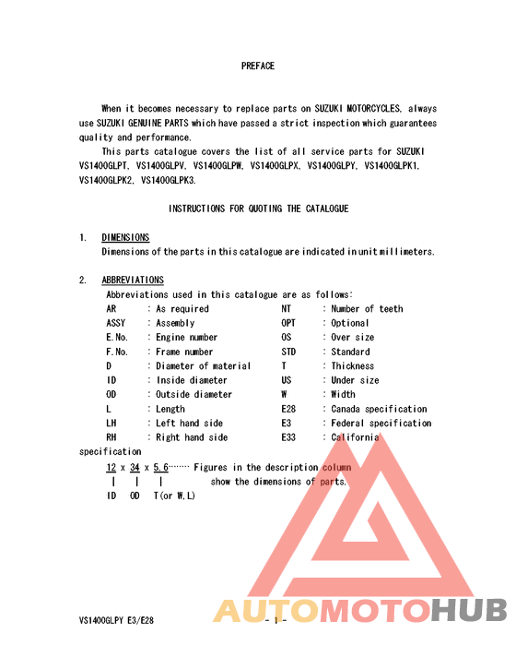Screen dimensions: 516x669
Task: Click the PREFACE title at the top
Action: pos(258,66)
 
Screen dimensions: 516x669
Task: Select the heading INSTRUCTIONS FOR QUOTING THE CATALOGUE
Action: pos(258,209)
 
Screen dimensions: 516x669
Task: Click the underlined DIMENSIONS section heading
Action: pos(125,237)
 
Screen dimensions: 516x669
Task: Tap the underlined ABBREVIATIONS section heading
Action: pos(133,280)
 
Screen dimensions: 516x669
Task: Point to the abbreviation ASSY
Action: pos(116,323)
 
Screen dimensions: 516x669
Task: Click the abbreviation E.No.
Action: pos(117,338)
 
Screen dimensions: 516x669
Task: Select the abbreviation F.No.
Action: pos(117,352)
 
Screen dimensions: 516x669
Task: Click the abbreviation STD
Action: pos(288,352)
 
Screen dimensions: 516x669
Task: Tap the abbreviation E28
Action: pos(288,409)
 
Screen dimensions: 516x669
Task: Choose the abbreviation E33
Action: pos(288,437)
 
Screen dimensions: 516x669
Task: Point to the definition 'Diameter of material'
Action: pos(204,366)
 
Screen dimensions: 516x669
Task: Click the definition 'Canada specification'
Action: pos(379,409)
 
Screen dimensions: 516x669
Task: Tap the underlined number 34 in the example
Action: pos(135,467)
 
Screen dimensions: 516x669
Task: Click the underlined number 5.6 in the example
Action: pos(160,467)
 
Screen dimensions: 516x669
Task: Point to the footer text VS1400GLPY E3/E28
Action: pos(116,620)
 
